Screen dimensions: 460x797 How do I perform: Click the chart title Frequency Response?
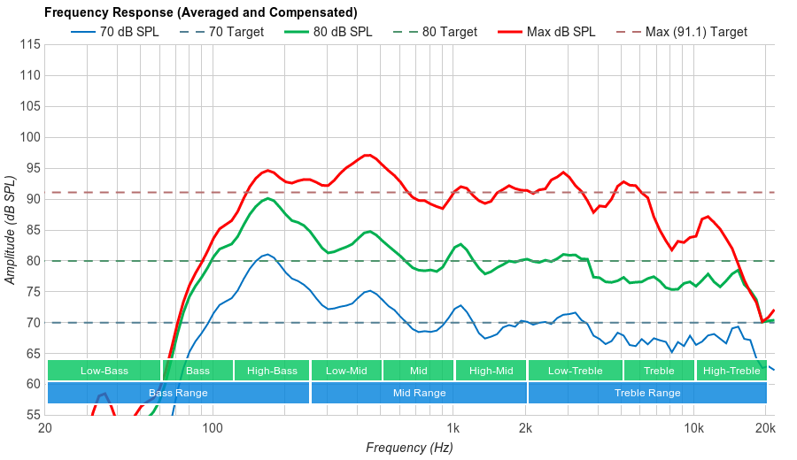(x=200, y=12)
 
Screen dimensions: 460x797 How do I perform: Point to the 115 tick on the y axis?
(x=29, y=44)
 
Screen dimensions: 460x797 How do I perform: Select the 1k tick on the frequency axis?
(x=453, y=429)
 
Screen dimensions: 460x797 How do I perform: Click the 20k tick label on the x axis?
(x=765, y=429)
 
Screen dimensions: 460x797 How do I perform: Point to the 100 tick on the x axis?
(x=213, y=429)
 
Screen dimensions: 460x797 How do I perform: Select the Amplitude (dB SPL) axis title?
(x=11, y=230)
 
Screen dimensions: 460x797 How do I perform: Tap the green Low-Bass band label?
(x=104, y=371)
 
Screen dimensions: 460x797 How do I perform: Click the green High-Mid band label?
(x=491, y=371)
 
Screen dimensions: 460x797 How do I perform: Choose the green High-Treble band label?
(x=731, y=371)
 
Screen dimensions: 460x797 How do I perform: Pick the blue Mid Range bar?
(x=419, y=393)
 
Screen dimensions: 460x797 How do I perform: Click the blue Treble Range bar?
(x=647, y=393)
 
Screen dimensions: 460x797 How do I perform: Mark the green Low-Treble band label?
(x=575, y=371)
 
